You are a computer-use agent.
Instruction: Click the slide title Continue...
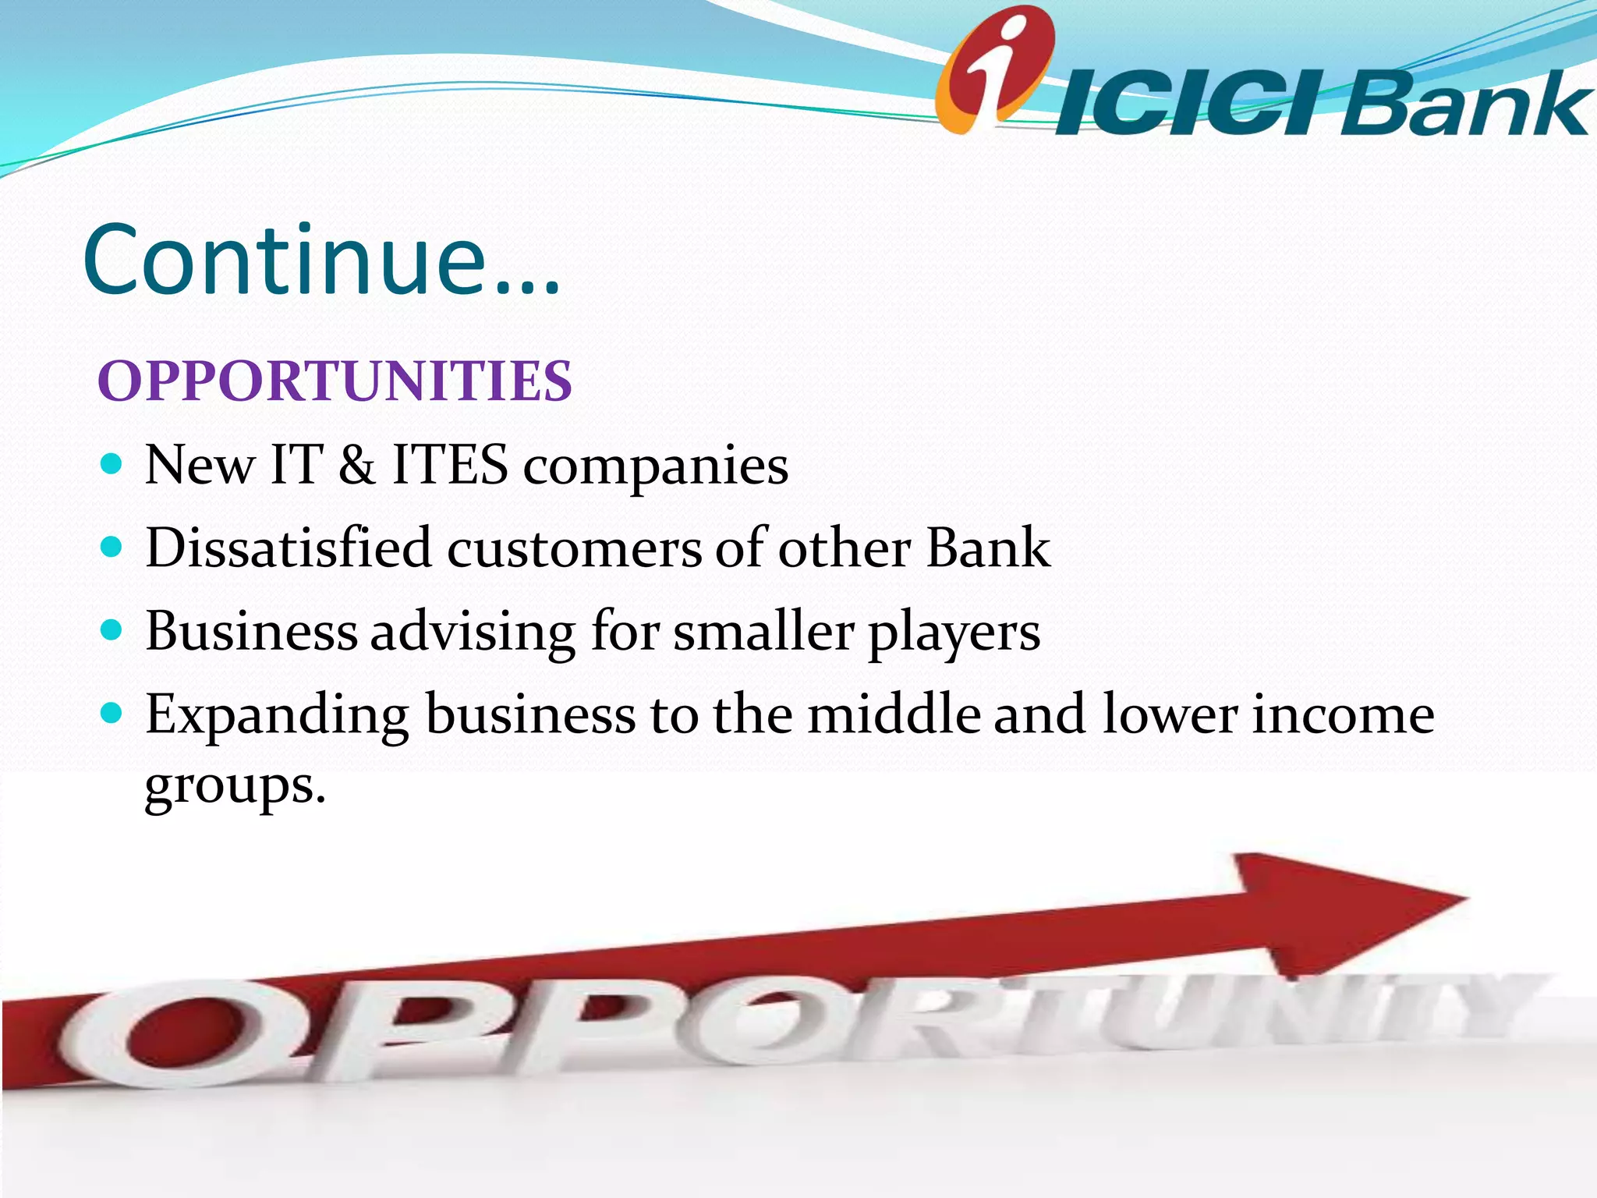click(x=320, y=261)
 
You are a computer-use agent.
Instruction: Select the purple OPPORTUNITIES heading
click(x=335, y=382)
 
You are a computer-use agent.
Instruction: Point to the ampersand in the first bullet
click(x=357, y=466)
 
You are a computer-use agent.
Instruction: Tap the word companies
click(x=655, y=468)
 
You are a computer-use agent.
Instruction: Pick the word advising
click(x=473, y=632)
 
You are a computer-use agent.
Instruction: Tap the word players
click(x=954, y=633)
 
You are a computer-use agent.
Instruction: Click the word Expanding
click(x=277, y=716)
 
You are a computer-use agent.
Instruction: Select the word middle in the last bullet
click(x=894, y=714)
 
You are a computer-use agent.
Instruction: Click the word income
click(x=1343, y=716)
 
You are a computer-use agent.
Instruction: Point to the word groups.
click(x=234, y=786)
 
